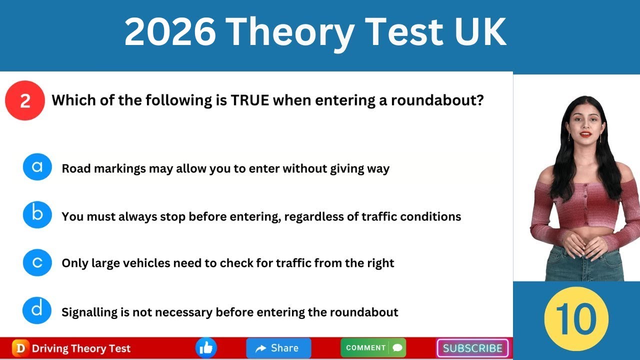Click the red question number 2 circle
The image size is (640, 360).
tap(25, 100)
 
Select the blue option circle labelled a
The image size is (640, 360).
tap(37, 166)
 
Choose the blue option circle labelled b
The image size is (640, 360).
tap(37, 214)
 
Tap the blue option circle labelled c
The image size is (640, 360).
tap(37, 262)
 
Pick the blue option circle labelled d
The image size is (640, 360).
tap(37, 310)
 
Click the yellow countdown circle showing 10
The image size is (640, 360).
tap(576, 319)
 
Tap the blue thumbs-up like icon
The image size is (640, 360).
tap(206, 348)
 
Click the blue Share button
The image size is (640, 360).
tap(278, 348)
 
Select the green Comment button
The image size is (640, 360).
tap(373, 348)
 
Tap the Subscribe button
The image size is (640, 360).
tap(472, 348)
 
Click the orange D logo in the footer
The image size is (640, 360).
tap(20, 348)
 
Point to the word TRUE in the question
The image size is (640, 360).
tap(249, 100)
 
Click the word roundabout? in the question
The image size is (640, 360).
tap(437, 100)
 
